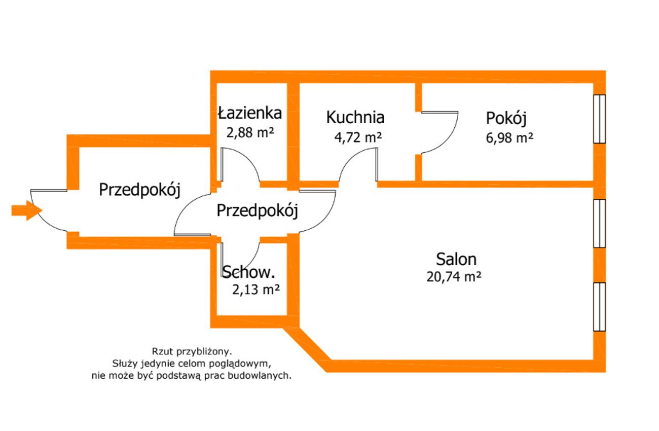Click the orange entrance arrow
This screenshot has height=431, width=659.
point(27,210)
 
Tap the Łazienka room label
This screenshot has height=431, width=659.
point(250,113)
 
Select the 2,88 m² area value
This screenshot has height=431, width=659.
point(250,132)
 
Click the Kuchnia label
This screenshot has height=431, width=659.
point(355,117)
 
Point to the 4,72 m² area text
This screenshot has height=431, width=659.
point(358,137)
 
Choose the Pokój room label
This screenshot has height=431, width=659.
point(506,119)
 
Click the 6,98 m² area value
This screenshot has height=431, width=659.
point(509,138)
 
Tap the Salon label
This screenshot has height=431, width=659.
point(456,259)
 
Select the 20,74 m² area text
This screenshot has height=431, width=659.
point(454,276)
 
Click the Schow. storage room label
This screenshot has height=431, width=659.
point(248,272)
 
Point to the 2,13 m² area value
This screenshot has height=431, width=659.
point(256,290)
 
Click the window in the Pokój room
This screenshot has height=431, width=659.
point(599,119)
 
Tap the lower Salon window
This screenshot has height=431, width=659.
point(599,307)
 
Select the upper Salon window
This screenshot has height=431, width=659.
point(599,223)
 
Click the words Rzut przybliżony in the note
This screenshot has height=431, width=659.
point(192,351)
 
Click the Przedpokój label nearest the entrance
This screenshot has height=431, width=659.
point(139,190)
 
